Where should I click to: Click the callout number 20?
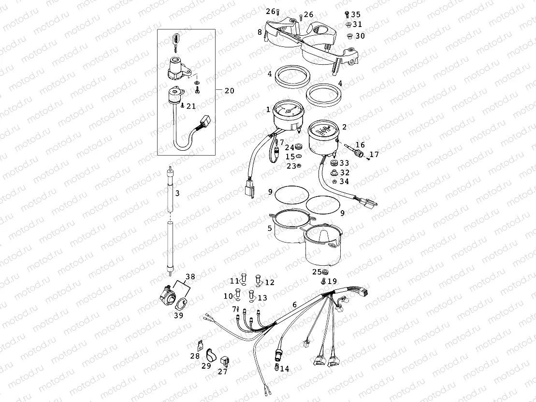pos(229,90)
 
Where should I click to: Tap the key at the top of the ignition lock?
pos(175,38)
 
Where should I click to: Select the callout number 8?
pos(260,32)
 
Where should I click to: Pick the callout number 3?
pos(177,193)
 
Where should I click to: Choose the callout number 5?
pos(269,228)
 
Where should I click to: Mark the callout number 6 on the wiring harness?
pos(294,305)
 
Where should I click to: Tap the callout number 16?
pos(360,145)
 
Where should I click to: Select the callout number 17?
pos(374,155)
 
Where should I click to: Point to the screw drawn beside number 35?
pos(348,15)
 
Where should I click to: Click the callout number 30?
pos(360,36)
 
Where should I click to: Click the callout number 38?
pos(190,277)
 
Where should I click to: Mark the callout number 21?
pos(191,106)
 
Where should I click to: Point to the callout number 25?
pos(317,272)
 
